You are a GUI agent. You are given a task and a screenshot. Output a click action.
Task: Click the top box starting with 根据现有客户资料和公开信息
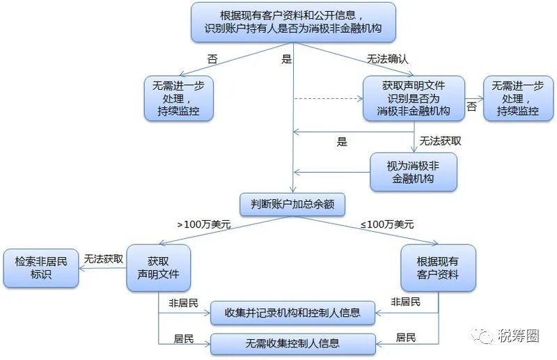[x=293, y=22]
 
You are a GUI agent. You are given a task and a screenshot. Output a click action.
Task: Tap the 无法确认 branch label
[x=387, y=58]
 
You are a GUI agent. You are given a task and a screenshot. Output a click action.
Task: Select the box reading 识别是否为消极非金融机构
[x=414, y=98]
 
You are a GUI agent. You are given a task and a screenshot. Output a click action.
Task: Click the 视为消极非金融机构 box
[x=413, y=172]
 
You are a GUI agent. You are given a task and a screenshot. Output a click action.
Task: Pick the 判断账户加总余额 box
[x=292, y=204]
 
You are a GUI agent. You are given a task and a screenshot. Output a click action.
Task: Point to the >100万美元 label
[x=204, y=224]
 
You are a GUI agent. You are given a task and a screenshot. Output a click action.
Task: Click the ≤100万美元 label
[x=387, y=224]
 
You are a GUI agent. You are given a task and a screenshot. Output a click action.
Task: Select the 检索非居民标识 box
[x=41, y=268]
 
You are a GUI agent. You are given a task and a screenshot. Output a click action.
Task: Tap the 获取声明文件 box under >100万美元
[x=159, y=268]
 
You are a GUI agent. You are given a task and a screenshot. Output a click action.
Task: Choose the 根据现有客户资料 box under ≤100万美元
[x=438, y=268]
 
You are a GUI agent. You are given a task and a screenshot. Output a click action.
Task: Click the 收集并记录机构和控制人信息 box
[x=292, y=313]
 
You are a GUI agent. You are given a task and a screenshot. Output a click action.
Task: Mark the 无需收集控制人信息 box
[x=293, y=344]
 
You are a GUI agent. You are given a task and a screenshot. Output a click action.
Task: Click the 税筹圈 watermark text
[x=518, y=335]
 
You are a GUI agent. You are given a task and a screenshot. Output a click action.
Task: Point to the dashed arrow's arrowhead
[x=360, y=98]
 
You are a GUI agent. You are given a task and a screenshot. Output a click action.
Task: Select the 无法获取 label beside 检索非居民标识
[x=103, y=259]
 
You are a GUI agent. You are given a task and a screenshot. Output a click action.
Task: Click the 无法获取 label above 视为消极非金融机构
[x=440, y=141]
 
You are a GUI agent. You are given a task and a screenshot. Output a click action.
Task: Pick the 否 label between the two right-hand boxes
[x=471, y=107]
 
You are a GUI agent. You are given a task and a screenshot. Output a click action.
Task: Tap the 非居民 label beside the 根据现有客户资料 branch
[x=405, y=302]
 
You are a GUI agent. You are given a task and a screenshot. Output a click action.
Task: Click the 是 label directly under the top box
[x=286, y=58]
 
